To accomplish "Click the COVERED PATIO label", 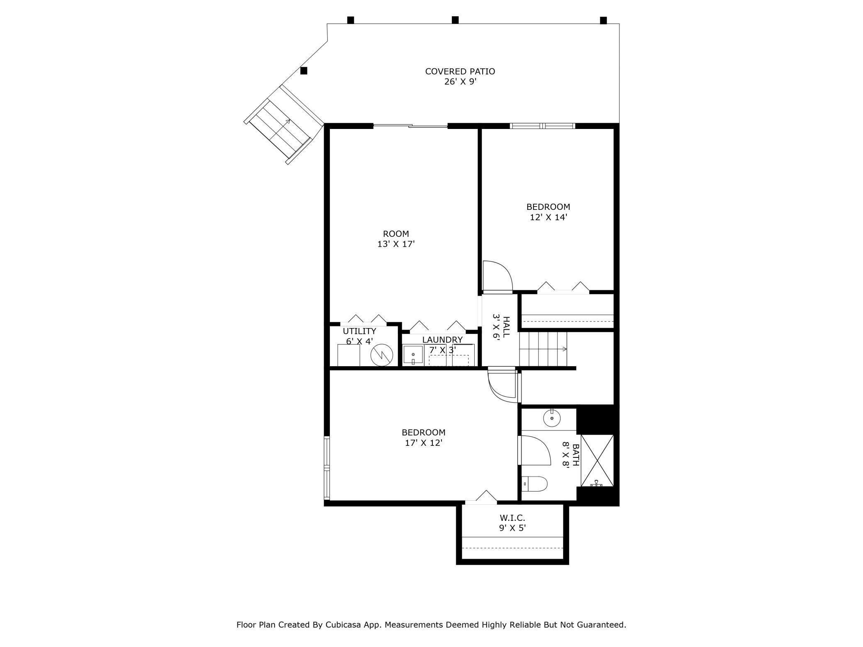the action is pyautogui.click(x=460, y=71).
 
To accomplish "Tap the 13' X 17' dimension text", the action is pyautogui.click(x=396, y=244).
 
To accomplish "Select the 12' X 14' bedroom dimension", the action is pyautogui.click(x=548, y=217).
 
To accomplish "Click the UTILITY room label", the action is pyautogui.click(x=359, y=331).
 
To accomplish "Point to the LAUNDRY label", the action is pyautogui.click(x=442, y=340).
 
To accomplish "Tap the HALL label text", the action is pyautogui.click(x=506, y=327).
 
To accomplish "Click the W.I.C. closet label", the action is pyautogui.click(x=512, y=518).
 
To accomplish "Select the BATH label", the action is pyautogui.click(x=576, y=455).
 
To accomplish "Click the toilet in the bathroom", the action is pyautogui.click(x=535, y=484).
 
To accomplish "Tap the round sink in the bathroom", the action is pyautogui.click(x=552, y=418).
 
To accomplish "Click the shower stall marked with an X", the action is pyautogui.click(x=597, y=460).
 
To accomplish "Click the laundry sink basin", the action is pyautogui.click(x=413, y=355).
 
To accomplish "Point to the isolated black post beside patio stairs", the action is pyautogui.click(x=304, y=71).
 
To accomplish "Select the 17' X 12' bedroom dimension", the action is pyautogui.click(x=424, y=443).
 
